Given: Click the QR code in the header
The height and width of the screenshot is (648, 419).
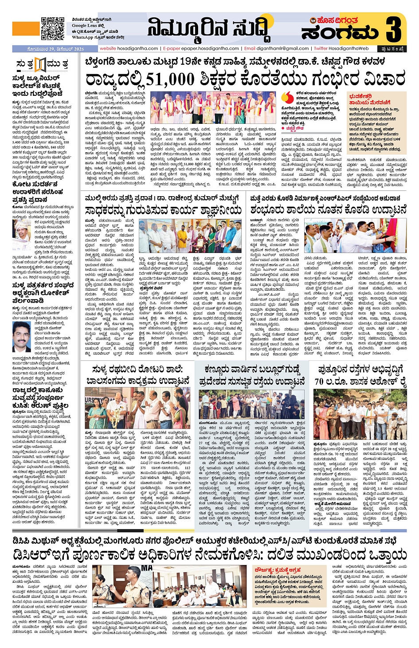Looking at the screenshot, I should (x=52, y=29).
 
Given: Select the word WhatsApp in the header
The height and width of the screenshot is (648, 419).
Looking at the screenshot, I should (x=82, y=38).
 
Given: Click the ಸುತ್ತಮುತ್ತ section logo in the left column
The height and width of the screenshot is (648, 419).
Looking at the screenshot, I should (x=41, y=65).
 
